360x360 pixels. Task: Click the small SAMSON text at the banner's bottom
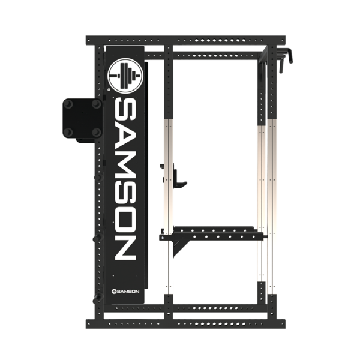coord(125,292)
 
